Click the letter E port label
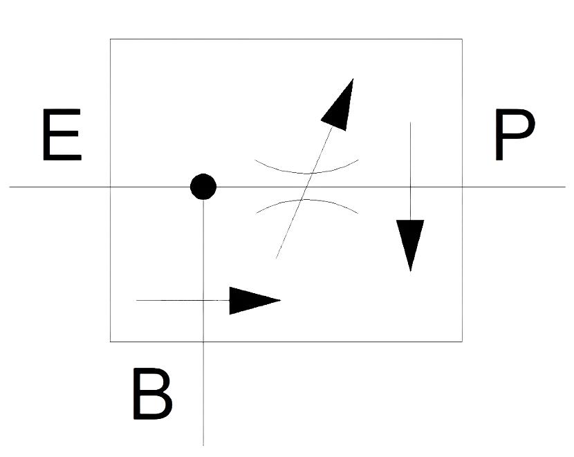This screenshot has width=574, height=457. tap(62, 135)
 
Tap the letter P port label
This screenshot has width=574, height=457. tap(515, 135)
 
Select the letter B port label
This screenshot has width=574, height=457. tap(152, 393)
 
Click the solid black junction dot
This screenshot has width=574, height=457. tap(203, 187)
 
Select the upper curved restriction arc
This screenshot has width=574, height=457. tap(306, 167)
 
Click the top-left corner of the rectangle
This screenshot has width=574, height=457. tap(110, 39)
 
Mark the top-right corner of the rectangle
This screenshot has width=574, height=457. tap(462, 39)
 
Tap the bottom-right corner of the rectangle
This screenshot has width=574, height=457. tap(462, 342)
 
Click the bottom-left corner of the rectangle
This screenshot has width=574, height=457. tap(110, 342)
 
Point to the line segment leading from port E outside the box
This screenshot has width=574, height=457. tap(59, 187)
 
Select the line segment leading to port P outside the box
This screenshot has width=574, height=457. tap(514, 187)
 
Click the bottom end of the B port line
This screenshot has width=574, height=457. tap(203, 446)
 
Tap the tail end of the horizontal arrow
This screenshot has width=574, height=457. tap(136, 300)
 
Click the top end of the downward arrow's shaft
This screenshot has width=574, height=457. tap(410, 122)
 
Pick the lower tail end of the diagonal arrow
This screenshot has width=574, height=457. tap(276, 259)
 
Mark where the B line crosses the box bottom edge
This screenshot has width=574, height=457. tap(203, 342)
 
